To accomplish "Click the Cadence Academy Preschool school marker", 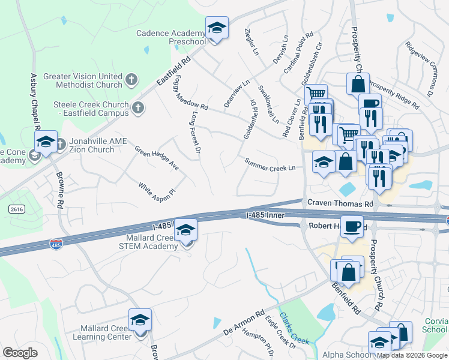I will click(217, 28).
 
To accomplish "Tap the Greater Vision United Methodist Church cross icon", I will click(131, 79).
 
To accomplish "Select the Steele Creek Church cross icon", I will click(139, 108).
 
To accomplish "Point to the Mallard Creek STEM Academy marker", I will click(186, 230).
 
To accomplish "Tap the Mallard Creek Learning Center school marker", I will click(140, 321).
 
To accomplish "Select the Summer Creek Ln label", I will click(270, 164).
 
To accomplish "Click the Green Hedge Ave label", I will click(157, 157).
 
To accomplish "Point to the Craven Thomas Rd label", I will click(340, 204).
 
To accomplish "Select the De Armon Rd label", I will click(244, 323).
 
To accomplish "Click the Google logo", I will click(20, 353).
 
